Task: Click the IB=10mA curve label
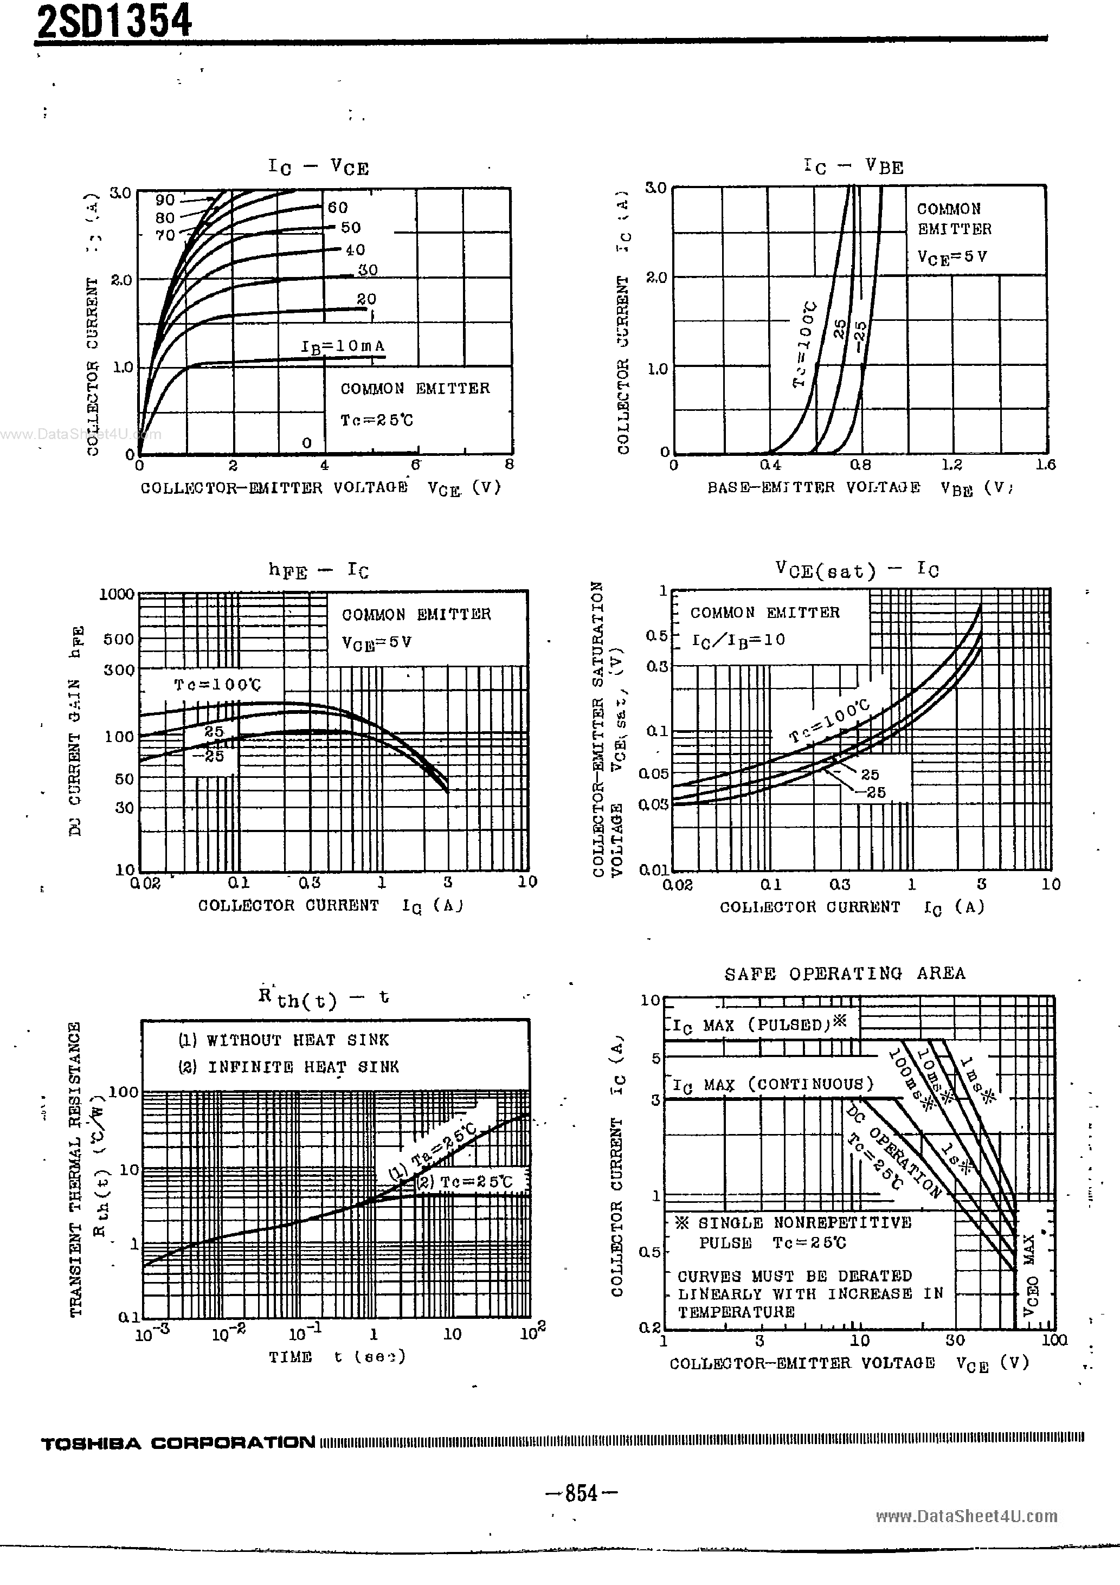pyautogui.click(x=343, y=346)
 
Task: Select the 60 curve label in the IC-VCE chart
pyautogui.click(x=338, y=207)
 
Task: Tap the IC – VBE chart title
pyautogui.click(x=853, y=166)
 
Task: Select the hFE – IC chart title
pyautogui.click(x=318, y=571)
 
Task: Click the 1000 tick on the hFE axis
pyautogui.click(x=117, y=594)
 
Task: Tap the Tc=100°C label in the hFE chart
pyautogui.click(x=217, y=684)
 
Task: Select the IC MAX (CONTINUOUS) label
pyautogui.click(x=773, y=1085)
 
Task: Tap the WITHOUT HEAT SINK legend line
pyautogui.click(x=283, y=1040)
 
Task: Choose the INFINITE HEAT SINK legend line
pyautogui.click(x=288, y=1067)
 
